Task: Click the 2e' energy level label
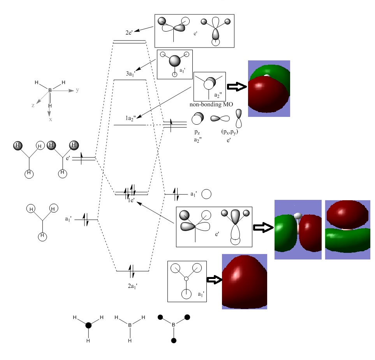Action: (130, 32)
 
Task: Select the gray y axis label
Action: (77, 90)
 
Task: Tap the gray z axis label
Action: (33, 106)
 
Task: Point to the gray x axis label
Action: (50, 119)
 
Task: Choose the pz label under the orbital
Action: (198, 132)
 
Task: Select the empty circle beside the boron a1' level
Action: (206, 194)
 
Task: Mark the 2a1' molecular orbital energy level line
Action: (132, 271)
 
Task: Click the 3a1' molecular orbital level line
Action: (130, 80)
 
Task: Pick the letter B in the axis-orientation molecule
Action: (50, 90)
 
